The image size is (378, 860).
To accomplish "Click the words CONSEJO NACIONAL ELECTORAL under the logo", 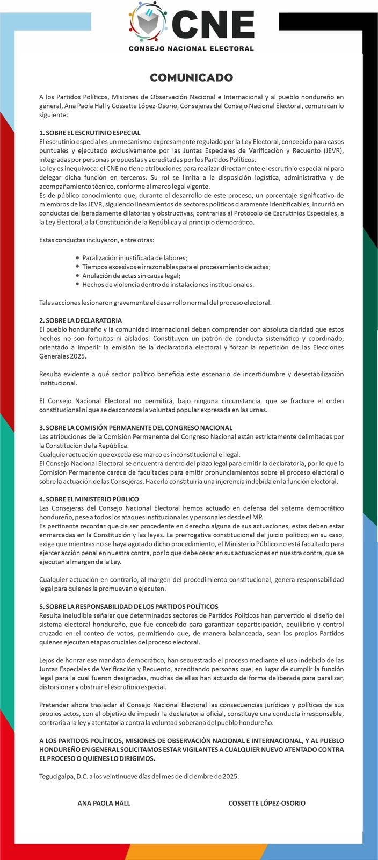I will [191, 48].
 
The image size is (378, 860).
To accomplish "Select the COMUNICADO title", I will [191, 77].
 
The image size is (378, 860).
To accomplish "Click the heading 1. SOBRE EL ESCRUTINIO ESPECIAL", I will [90, 132].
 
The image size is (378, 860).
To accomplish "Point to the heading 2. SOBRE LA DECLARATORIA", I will [81, 320].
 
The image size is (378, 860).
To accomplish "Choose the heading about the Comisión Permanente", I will [136, 427].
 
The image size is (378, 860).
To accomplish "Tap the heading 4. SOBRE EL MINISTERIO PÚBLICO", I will [89, 499].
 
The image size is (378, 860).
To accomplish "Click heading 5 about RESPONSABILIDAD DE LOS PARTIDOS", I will [129, 606].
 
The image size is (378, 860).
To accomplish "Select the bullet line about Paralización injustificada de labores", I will [135, 257].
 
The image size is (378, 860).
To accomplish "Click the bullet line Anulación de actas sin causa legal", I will [131, 275].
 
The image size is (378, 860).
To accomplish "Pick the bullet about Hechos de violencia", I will [168, 284].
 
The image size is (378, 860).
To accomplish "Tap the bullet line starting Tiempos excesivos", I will [176, 267].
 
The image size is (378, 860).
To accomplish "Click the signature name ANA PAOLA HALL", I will [104, 802].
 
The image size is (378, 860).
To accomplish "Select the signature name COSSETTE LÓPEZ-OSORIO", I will [267, 802].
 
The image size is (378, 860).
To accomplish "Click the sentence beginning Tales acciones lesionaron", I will [155, 302].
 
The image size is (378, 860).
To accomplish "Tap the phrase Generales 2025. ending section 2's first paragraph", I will [62, 356].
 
